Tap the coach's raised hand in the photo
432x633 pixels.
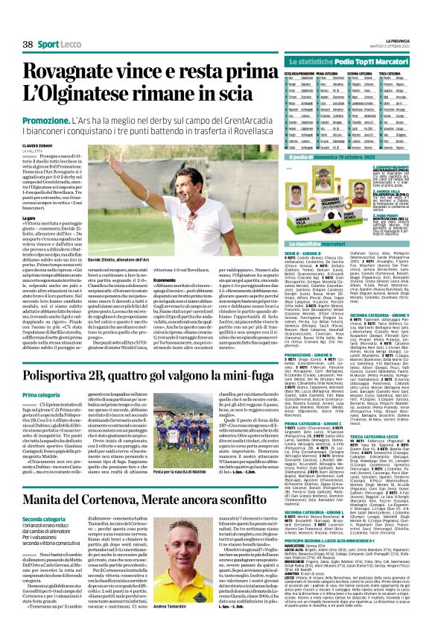click(x=113, y=159)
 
